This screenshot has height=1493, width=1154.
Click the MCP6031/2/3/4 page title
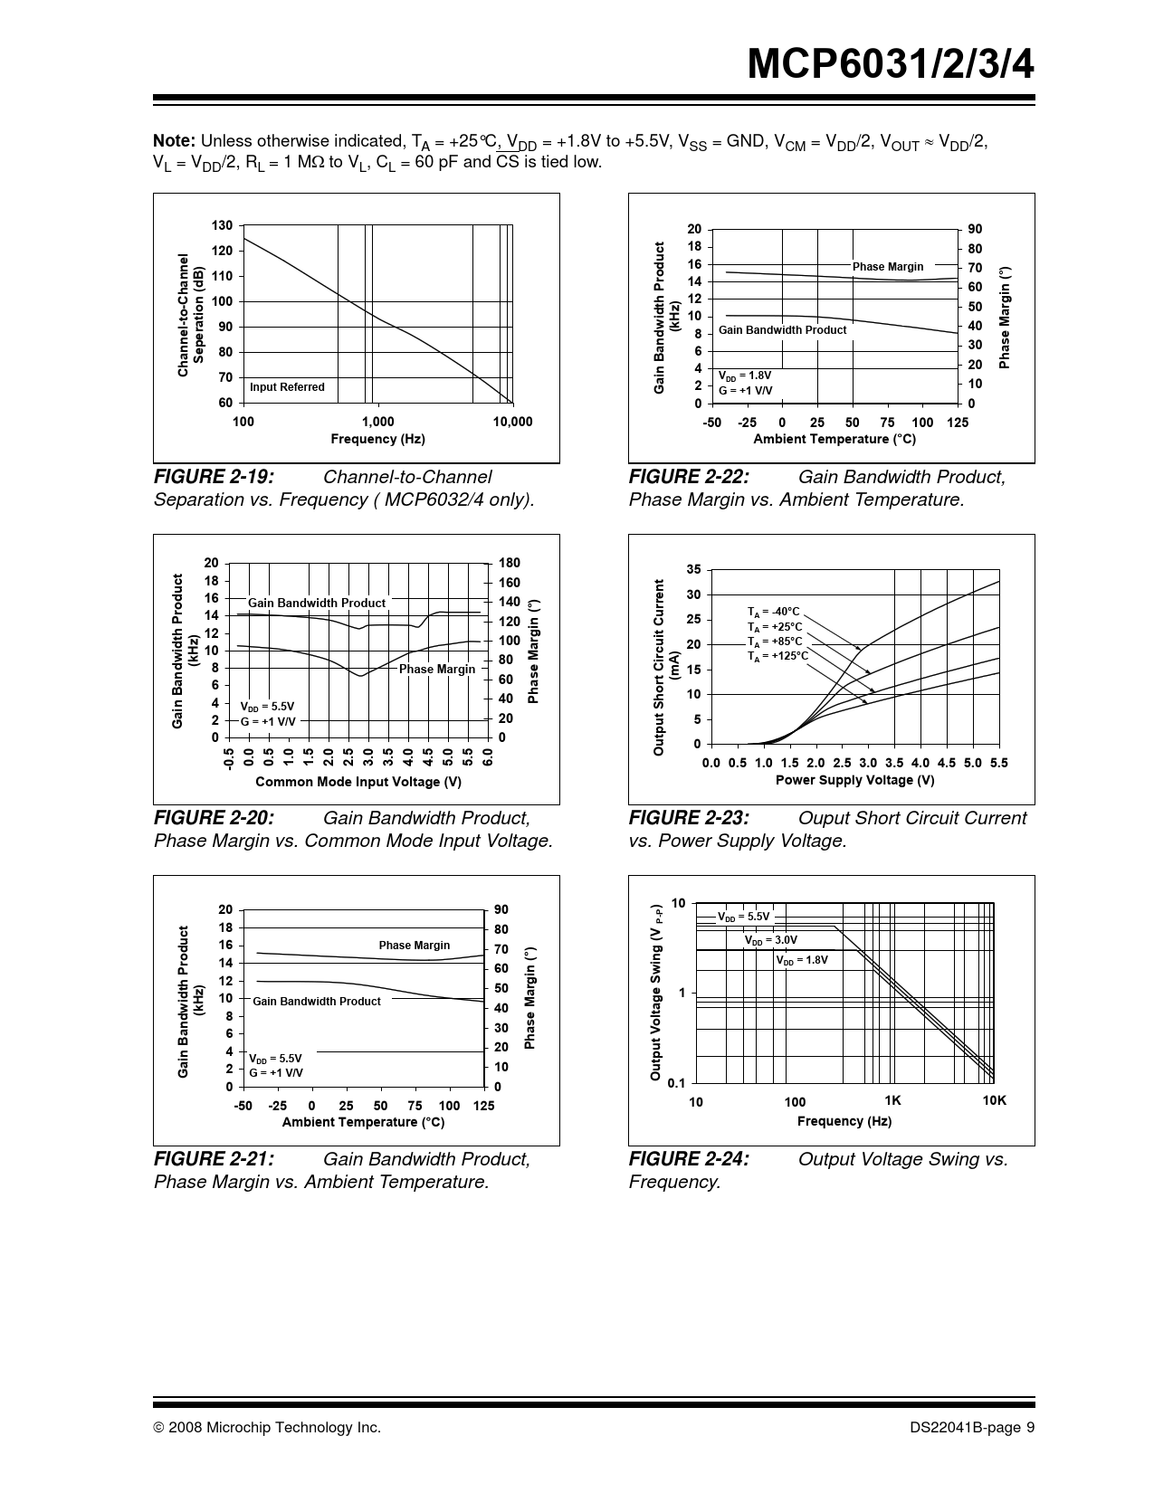click(892, 65)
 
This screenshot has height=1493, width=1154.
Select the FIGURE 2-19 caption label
click(214, 477)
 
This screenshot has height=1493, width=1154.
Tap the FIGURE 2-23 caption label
click(689, 818)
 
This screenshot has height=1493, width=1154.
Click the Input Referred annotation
click(287, 387)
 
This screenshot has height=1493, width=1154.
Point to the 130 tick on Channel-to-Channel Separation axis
click(223, 225)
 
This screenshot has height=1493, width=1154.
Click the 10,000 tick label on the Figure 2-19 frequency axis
click(512, 422)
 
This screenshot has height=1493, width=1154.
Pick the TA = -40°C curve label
click(773, 612)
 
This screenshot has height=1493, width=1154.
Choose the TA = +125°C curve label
click(777, 656)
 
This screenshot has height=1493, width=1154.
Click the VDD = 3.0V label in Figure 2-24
click(770, 940)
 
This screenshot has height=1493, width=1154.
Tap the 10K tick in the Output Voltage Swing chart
click(994, 1100)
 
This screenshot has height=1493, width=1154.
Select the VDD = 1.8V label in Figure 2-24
click(802, 960)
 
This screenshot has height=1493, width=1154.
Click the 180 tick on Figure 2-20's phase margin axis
click(510, 563)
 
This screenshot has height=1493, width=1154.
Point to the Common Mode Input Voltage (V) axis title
click(358, 782)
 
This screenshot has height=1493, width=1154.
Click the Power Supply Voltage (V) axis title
click(854, 780)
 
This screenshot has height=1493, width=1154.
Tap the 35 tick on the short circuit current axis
click(693, 569)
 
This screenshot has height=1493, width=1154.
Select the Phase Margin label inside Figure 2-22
click(887, 267)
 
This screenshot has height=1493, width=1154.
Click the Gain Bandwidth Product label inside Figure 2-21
click(316, 1002)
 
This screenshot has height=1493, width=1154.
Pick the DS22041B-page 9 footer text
click(973, 1428)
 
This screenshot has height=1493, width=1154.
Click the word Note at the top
click(174, 141)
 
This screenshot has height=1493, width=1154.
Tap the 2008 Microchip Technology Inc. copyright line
click(267, 1428)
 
